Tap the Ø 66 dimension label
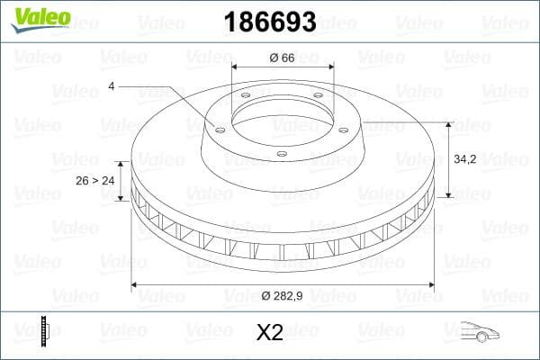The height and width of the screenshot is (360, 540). coord(283,58)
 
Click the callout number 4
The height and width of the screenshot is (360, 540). coord(111,86)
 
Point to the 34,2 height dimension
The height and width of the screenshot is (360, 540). coord(465,158)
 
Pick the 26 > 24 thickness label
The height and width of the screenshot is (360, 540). coord(95,180)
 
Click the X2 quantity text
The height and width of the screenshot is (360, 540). coord(270,333)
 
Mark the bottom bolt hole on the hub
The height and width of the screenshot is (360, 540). coord(282,154)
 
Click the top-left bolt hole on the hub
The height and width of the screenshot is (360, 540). coord(246,97)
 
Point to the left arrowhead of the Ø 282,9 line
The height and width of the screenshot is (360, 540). coord(136,284)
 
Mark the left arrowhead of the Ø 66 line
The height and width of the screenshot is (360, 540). coord(236,68)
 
